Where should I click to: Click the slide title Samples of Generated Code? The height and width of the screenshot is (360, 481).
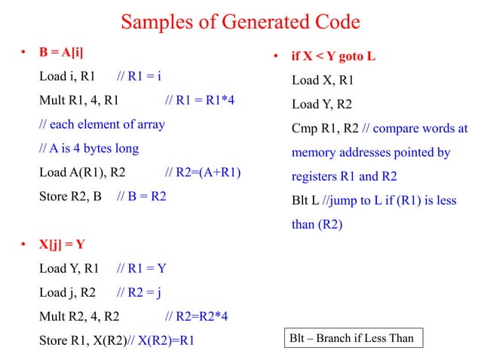[240, 23]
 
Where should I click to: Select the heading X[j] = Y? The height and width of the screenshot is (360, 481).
[63, 244]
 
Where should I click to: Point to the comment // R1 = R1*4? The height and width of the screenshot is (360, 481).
[200, 100]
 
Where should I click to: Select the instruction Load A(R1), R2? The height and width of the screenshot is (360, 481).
[82, 172]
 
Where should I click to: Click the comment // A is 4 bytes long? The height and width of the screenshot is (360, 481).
[89, 148]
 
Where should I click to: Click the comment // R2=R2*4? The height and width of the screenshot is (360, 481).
[197, 316]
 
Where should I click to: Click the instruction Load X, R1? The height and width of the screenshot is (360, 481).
[323, 81]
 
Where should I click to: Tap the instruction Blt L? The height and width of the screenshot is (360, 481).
[305, 201]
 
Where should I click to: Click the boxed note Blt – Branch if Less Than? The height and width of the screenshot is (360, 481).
[352, 338]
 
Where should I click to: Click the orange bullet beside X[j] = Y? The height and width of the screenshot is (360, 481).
[24, 244]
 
